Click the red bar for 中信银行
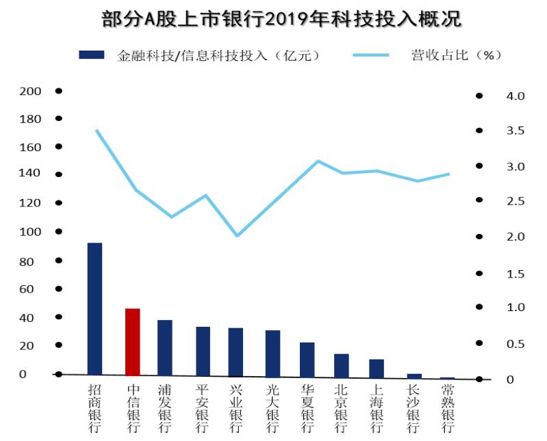click(133, 341)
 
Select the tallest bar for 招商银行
click(94, 308)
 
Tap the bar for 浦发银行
click(165, 347)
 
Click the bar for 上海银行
click(377, 368)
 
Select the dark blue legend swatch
click(91, 55)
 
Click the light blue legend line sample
click(370, 55)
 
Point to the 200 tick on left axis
click(31, 91)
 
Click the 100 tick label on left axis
click(31, 232)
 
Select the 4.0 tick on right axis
click(515, 96)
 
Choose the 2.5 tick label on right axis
click(515, 201)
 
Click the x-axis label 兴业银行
click(236, 408)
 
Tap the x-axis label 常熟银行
click(448, 408)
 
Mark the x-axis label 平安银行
click(202, 408)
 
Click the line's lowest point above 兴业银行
click(237, 236)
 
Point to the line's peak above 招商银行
click(97, 130)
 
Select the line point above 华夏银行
click(318, 161)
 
